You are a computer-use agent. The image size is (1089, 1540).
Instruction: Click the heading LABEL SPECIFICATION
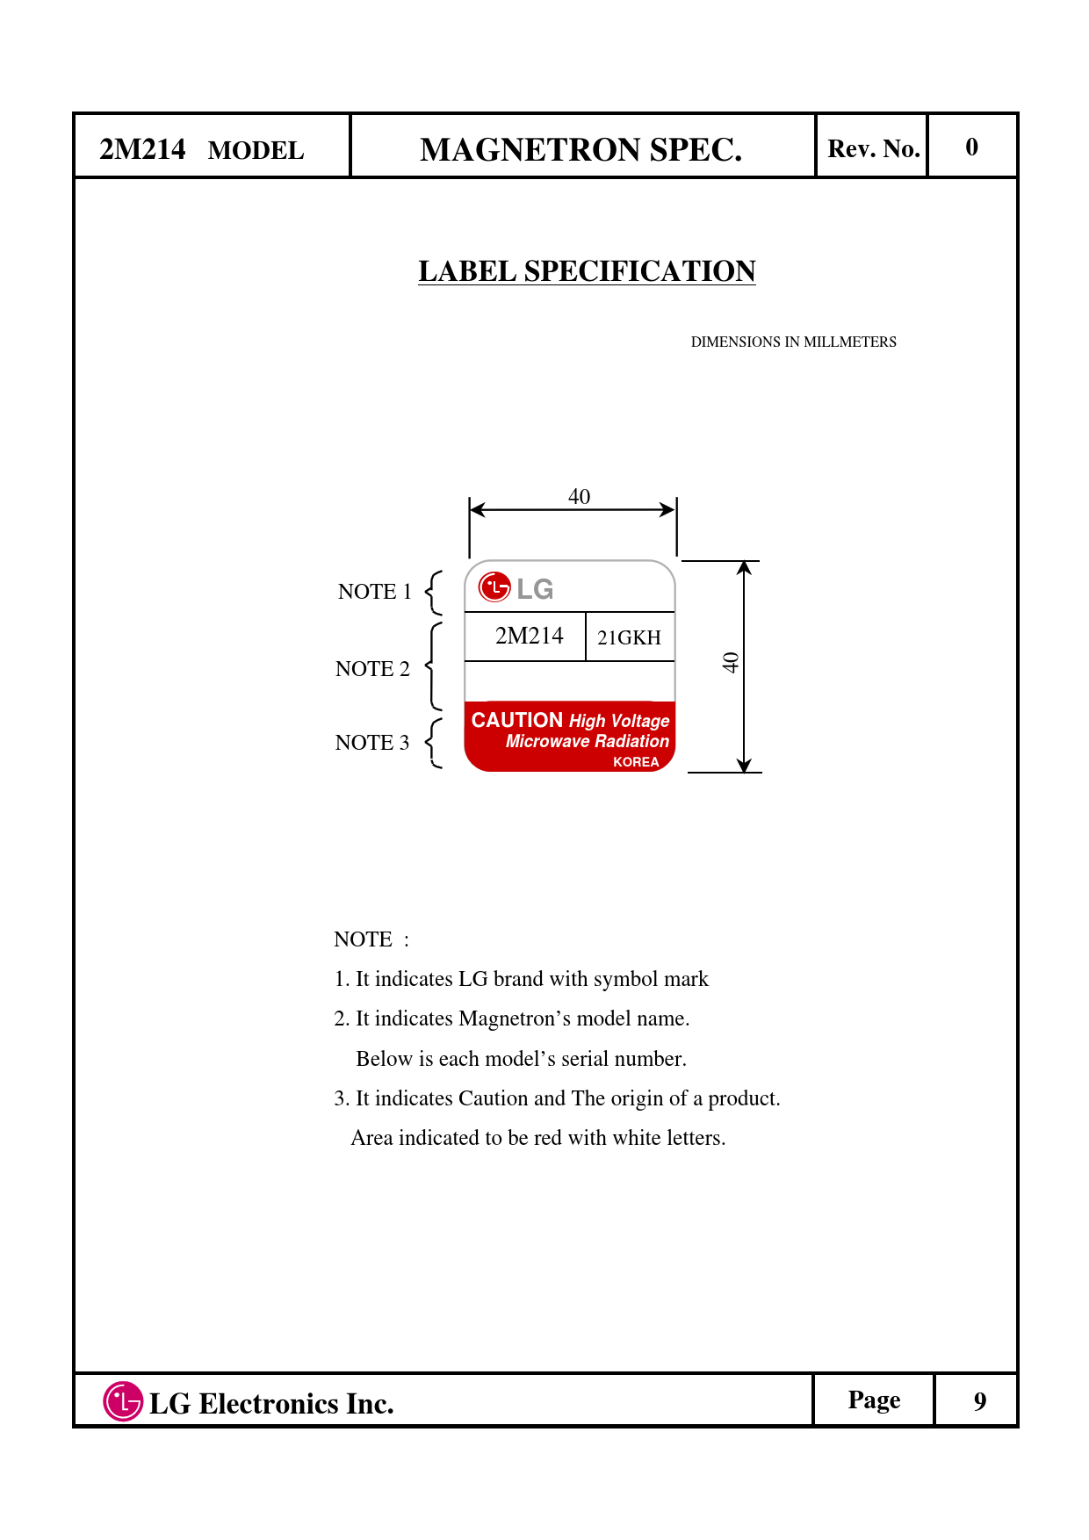click(587, 271)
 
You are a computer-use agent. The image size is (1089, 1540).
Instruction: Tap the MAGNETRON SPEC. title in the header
click(581, 150)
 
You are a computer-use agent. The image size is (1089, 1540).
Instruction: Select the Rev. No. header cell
click(873, 148)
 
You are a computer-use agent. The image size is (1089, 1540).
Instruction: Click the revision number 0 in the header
click(971, 147)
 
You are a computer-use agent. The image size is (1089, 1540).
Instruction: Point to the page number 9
click(979, 1401)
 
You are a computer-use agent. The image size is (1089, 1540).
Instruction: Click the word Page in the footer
click(874, 1400)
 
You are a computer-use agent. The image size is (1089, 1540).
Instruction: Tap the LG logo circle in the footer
click(123, 1401)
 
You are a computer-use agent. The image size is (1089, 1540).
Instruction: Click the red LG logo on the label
click(494, 586)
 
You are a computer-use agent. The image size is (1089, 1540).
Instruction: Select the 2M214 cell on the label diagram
click(529, 636)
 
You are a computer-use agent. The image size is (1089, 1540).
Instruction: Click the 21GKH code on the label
click(629, 637)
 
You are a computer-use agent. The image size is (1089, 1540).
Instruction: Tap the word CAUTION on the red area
click(517, 720)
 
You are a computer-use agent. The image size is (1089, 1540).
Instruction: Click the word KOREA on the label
click(636, 762)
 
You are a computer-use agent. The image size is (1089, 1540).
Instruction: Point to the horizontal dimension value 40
click(579, 496)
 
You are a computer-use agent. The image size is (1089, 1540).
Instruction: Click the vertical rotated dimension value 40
click(731, 663)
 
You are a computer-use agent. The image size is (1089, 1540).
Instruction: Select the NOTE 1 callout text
click(374, 592)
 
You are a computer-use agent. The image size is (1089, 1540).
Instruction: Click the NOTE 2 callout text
click(372, 669)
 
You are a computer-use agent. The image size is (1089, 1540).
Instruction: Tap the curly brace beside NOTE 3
click(433, 743)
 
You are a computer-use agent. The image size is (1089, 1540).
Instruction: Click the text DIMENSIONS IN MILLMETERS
click(793, 342)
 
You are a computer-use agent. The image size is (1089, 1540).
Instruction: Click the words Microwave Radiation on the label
click(587, 741)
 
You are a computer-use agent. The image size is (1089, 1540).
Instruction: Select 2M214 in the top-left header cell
click(142, 149)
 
